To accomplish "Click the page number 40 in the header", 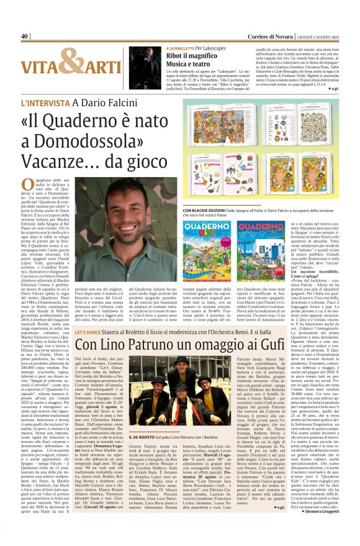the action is click(25, 37).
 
